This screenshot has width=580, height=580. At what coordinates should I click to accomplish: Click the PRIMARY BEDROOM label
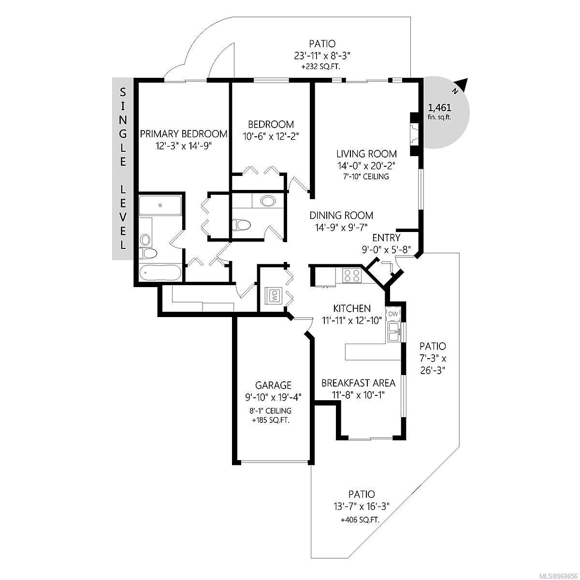click(184, 134)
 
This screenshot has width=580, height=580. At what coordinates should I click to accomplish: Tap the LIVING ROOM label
click(366, 154)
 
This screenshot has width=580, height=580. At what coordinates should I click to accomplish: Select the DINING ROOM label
click(341, 216)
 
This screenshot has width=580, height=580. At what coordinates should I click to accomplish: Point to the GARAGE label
click(273, 385)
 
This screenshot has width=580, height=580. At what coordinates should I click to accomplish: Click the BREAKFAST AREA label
click(358, 383)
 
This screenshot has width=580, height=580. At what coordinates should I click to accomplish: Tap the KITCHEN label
click(352, 308)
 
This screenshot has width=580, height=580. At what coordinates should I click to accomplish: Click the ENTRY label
click(386, 238)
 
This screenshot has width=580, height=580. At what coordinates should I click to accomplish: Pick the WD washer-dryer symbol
click(274, 295)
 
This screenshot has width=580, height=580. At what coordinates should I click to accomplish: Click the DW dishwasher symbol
click(393, 314)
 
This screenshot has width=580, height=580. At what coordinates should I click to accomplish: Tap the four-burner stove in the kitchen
click(352, 275)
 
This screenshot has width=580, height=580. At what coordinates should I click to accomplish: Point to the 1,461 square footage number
click(439, 108)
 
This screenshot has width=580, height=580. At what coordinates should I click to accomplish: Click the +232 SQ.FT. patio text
click(321, 67)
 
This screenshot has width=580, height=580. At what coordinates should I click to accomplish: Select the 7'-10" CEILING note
click(366, 176)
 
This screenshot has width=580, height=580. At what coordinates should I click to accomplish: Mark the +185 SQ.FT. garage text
click(271, 420)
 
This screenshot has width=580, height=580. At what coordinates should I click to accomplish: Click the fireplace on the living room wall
click(416, 134)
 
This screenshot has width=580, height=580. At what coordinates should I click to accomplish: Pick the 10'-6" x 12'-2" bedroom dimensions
click(271, 137)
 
